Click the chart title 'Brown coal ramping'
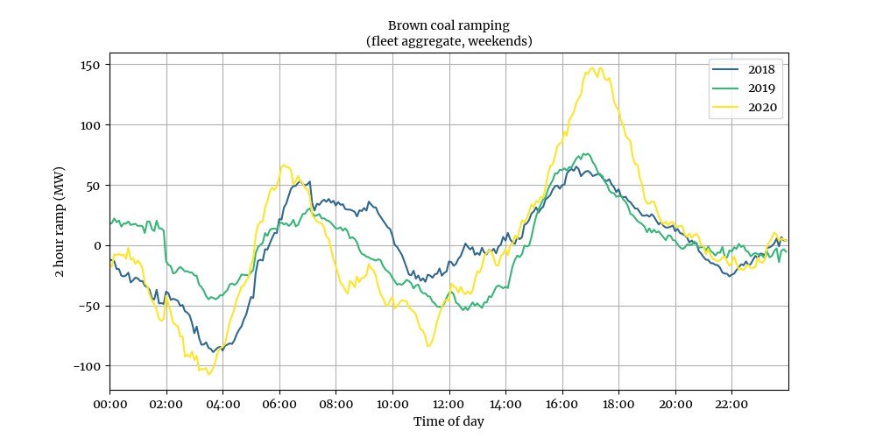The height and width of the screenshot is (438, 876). tap(449, 25)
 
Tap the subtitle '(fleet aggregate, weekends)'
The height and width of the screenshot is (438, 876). tap(449, 40)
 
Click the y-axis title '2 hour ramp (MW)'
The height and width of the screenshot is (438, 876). tap(60, 221)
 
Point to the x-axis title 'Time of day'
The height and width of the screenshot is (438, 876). tap(449, 421)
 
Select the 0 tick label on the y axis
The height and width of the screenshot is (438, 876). tap(98, 245)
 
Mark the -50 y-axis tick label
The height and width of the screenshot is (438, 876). tap(90, 306)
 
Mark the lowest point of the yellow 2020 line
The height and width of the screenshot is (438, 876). tap(209, 374)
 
